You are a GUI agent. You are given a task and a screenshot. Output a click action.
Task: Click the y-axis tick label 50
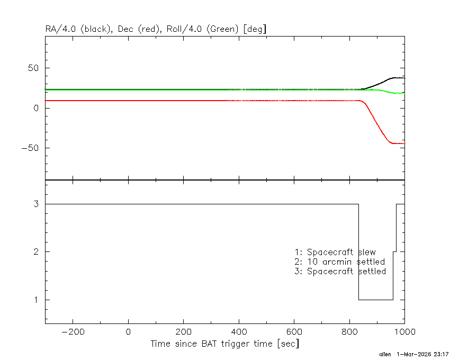tap(33, 68)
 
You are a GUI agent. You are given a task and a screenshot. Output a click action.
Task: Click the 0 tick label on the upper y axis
tap(36, 108)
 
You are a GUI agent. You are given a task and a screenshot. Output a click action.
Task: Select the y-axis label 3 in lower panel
tap(36, 204)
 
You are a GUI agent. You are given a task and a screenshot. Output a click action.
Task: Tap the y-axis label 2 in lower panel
tap(36, 252)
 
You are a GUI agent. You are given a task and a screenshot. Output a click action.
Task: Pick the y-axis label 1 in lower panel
tap(36, 300)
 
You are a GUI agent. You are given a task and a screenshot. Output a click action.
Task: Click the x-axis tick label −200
tap(73, 332)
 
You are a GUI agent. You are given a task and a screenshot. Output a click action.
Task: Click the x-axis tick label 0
tap(128, 332)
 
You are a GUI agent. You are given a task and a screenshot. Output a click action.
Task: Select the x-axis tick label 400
tap(239, 332)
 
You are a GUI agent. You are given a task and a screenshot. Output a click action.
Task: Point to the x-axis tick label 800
tap(349, 332)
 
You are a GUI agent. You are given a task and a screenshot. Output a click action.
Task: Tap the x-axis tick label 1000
tap(404, 332)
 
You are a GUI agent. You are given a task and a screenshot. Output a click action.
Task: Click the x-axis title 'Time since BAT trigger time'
tap(212, 344)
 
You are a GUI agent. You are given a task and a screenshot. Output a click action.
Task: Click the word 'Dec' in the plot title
tap(125, 29)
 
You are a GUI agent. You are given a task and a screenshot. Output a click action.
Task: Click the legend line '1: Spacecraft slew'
tap(335, 252)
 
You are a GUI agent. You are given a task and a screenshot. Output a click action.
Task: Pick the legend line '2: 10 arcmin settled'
tap(340, 262)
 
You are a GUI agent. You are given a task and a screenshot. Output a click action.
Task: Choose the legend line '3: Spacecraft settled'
tap(340, 271)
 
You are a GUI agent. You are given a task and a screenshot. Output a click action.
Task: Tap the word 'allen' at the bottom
tap(385, 354)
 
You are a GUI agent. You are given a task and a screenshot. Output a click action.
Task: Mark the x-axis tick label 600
tap(294, 332)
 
